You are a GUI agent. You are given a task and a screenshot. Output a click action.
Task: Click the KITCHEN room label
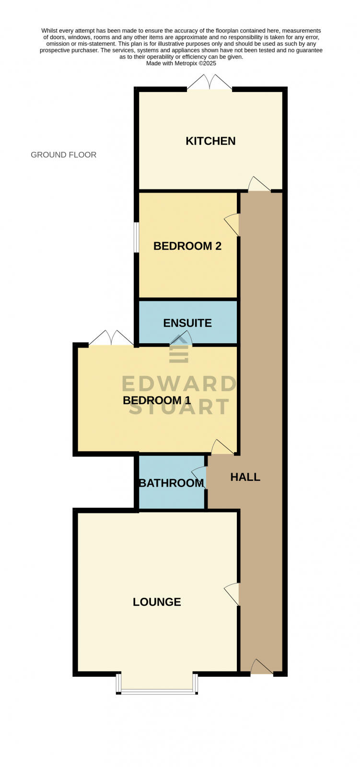[210, 141]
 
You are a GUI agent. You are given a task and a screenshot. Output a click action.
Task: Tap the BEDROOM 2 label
[187, 246]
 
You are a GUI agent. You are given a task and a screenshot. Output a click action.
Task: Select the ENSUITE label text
[187, 323]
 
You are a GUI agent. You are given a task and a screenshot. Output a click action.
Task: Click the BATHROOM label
[171, 483]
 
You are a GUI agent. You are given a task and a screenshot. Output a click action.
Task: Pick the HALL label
[245, 477]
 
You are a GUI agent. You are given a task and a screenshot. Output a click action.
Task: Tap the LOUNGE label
[157, 602]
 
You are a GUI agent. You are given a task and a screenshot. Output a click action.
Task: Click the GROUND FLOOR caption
[63, 155]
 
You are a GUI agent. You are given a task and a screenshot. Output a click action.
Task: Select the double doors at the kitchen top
[209, 82]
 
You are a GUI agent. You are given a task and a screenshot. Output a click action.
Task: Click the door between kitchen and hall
[258, 185]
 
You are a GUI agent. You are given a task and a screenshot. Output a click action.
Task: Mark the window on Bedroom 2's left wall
[136, 237]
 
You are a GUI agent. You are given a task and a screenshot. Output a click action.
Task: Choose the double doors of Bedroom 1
[111, 338]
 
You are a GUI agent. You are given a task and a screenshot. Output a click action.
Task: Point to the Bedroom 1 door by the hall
[222, 447]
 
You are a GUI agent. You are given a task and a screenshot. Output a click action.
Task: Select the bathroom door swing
[199, 477]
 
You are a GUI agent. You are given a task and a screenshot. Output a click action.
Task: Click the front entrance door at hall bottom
[261, 667]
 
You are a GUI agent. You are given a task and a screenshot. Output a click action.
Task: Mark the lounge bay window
[157, 690]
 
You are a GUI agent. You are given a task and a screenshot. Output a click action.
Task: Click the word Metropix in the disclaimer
[186, 63]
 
